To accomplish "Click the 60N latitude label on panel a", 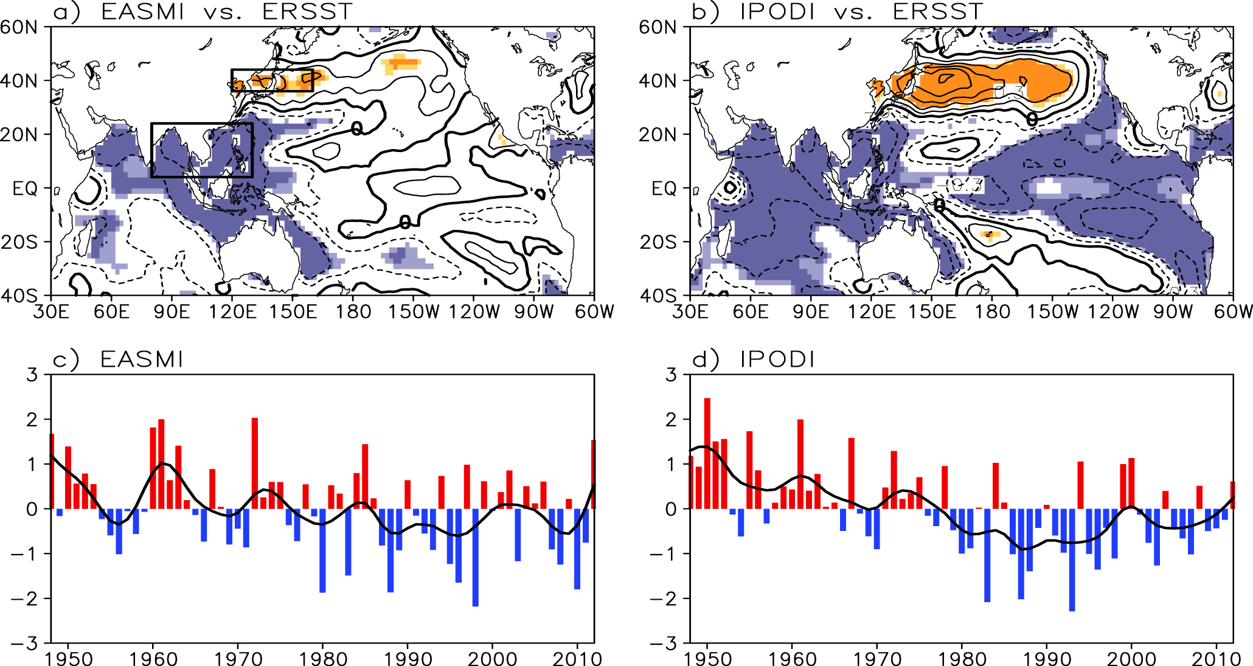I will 19,27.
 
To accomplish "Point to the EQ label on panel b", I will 664,189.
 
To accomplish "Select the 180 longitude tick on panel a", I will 353,312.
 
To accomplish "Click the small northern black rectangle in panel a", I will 272,80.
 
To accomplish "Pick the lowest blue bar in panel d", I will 1072,560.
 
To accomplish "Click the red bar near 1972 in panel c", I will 255,463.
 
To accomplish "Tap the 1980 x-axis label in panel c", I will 323,659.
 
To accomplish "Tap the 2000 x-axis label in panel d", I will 1131,659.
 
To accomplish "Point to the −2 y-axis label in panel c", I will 24,598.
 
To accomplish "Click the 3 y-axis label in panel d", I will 671,375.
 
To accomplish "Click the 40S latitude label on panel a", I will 19,296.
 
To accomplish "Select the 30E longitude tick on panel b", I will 690,312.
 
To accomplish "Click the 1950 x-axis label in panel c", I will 68,659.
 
